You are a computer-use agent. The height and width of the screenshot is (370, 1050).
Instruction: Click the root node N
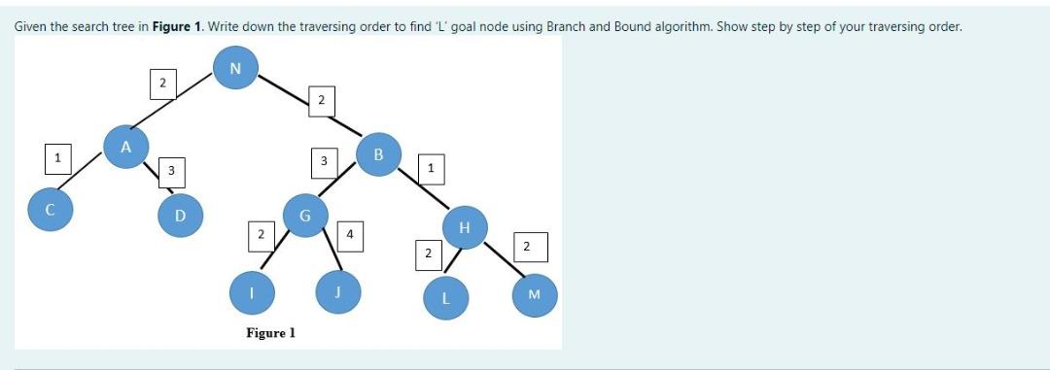click(x=233, y=68)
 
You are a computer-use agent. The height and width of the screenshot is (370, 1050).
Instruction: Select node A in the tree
click(x=124, y=148)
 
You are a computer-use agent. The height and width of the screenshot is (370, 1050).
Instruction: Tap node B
click(x=378, y=153)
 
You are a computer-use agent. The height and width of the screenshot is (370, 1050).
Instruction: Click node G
click(x=305, y=214)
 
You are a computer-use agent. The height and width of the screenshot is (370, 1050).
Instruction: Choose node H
click(x=464, y=227)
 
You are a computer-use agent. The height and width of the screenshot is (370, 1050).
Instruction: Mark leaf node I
click(x=250, y=290)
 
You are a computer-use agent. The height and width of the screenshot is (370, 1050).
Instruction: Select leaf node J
click(x=339, y=289)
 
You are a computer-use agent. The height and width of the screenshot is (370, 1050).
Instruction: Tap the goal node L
click(x=444, y=297)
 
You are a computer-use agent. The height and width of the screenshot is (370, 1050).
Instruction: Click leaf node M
click(x=533, y=294)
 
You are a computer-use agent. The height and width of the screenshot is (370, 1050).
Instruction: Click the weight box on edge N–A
click(x=162, y=84)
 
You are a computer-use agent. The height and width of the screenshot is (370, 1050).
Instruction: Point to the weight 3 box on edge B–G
click(x=323, y=159)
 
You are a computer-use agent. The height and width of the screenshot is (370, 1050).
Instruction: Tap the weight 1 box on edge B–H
click(x=431, y=169)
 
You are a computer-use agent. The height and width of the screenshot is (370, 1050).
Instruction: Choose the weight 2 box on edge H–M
click(x=526, y=247)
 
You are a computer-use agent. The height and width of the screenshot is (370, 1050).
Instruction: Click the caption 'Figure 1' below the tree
click(x=270, y=333)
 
